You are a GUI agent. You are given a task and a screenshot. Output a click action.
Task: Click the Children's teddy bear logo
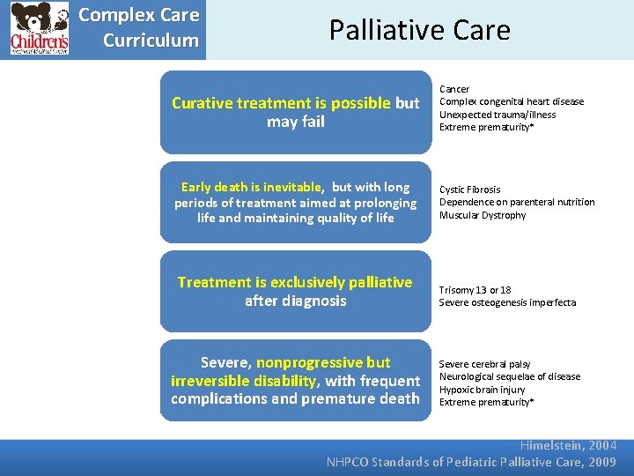coord(39,28)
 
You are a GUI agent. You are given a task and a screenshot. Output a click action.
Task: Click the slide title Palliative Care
coord(419,30)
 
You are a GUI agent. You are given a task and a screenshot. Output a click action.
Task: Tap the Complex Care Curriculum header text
coord(139,28)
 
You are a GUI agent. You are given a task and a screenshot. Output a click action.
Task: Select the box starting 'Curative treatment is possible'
coord(296,112)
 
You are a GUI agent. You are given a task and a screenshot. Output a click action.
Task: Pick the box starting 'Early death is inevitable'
coord(296,202)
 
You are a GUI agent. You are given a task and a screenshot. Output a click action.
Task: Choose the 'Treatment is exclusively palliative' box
coord(296,291)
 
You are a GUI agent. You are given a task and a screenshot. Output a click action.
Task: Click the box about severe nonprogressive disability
coord(296,380)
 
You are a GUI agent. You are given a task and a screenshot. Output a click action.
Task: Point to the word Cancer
coord(454,89)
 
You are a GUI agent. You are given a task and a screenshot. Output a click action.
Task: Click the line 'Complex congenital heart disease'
coord(512,101)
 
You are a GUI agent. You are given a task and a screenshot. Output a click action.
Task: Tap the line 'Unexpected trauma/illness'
coord(498,115)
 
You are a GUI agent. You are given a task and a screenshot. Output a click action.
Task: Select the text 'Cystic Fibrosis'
coord(469,190)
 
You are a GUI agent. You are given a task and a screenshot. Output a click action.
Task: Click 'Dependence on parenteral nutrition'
coord(517,202)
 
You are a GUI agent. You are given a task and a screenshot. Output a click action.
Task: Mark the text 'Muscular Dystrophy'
coord(483,215)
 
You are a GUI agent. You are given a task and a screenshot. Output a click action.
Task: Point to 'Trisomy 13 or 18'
coord(475,290)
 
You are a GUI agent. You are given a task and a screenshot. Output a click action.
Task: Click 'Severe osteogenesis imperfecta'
coord(507,302)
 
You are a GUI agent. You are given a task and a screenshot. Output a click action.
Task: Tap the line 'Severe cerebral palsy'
coord(484,364)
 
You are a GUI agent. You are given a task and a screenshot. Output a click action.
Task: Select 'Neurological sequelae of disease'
coord(510,376)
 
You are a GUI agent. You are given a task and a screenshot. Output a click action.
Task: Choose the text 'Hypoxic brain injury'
coord(482,390)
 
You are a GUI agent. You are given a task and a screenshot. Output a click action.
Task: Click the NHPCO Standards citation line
coord(471,462)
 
